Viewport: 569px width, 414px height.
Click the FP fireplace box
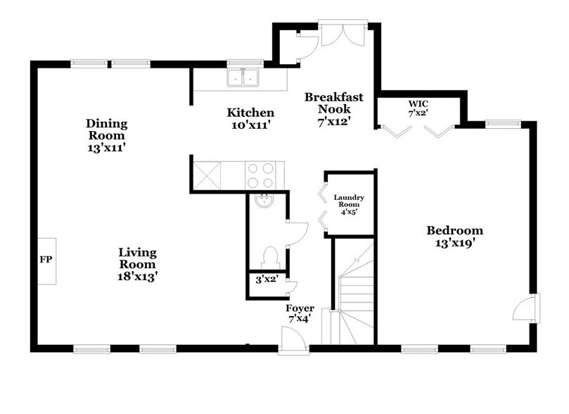(46, 260)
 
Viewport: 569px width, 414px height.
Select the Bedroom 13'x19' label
(454, 237)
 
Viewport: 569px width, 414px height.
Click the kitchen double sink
(244, 77)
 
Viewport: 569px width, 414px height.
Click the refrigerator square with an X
(208, 173)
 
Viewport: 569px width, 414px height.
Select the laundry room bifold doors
(321, 204)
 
